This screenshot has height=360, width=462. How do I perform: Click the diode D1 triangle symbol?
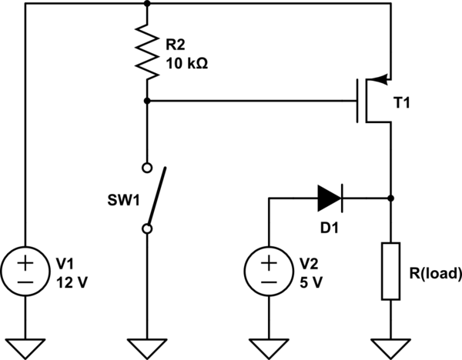(x=328, y=198)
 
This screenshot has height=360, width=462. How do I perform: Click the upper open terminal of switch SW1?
(x=146, y=166)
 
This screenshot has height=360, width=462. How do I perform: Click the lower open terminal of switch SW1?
(x=146, y=228)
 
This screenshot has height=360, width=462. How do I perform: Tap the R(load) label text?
(x=435, y=272)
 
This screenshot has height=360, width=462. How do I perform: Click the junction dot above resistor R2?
(x=146, y=3)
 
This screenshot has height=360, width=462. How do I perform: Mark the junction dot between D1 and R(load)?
(x=391, y=198)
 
